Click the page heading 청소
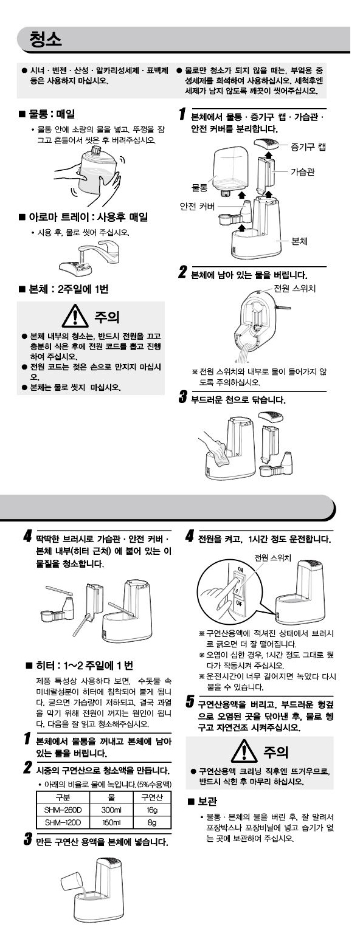tap(46, 40)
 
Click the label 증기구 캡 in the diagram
tap(308, 146)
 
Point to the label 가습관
tap(302, 171)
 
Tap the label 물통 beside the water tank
tap(199, 188)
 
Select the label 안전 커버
tap(197, 206)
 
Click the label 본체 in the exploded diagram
tap(299, 241)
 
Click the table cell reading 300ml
tap(111, 810)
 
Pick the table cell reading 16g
tap(152, 810)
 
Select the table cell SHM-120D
tap(63, 822)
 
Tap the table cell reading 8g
tap(152, 822)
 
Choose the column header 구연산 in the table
tap(152, 797)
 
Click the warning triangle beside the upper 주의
tap(75, 316)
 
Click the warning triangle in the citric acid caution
tap(244, 750)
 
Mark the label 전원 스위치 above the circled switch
tap(272, 557)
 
